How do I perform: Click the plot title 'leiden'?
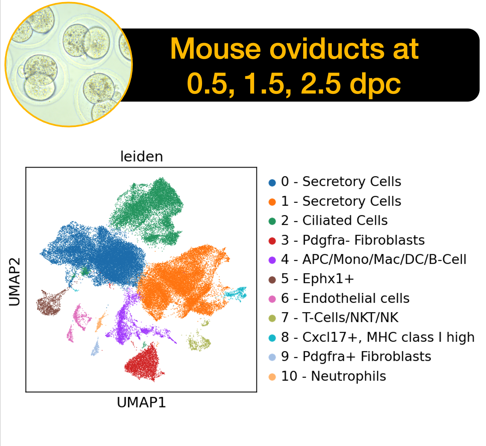point(142,156)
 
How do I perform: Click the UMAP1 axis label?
point(141,402)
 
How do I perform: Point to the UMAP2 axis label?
point(14,282)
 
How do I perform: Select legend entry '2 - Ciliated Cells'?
point(328,221)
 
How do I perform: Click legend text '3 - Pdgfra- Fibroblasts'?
point(346,240)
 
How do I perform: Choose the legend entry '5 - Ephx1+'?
point(311,279)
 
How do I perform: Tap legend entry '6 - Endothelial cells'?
point(339,298)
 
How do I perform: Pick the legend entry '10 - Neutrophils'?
point(327,376)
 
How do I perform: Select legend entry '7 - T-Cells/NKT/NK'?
point(333,318)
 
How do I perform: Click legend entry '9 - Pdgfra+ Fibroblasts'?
point(350,356)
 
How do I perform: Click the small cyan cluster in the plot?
point(235,294)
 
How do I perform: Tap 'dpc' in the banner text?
point(375,84)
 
